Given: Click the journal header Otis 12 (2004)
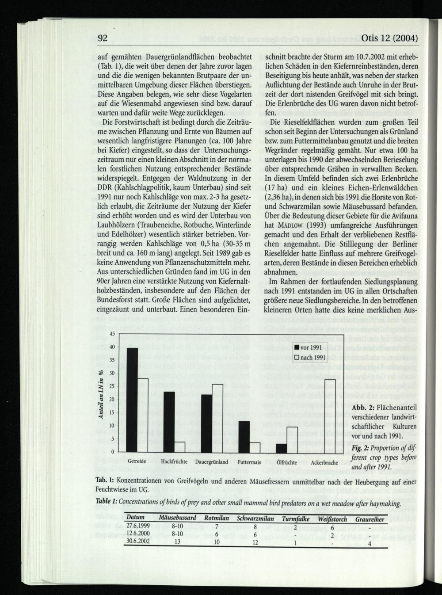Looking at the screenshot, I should coord(389,38).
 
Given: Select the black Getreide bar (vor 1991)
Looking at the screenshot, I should coord(132,400).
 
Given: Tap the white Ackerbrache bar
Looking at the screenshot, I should coord(330,416).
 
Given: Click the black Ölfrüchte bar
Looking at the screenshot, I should coord(282,447).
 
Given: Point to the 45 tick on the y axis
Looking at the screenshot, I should coord(112,334).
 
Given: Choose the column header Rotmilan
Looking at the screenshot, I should coord(217,519).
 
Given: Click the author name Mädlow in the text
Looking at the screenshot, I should coord(290,225).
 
